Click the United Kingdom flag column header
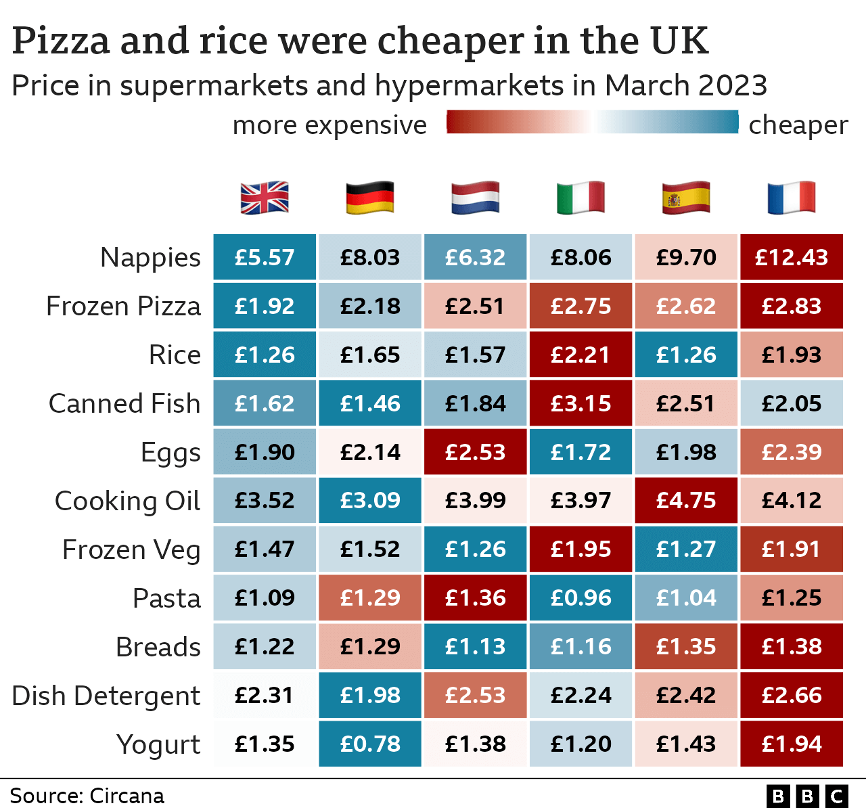click(265, 198)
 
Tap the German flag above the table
click(369, 198)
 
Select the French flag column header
click(791, 198)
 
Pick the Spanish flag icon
click(686, 198)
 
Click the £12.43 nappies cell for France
click(792, 257)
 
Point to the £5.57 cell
click(265, 257)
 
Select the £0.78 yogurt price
click(370, 744)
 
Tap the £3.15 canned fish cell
click(580, 403)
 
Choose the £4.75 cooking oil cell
click(686, 500)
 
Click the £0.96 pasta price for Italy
click(580, 597)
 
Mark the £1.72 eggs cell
click(580, 452)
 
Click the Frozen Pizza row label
click(123, 307)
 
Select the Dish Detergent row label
click(106, 696)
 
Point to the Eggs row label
click(170, 453)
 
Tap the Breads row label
click(158, 647)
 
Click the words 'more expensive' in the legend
click(329, 125)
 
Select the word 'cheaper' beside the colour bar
click(798, 125)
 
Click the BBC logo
click(806, 796)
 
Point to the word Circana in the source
click(127, 796)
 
